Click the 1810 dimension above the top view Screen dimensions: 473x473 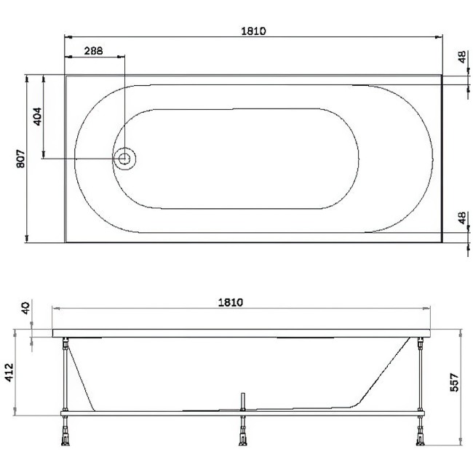point(253,31)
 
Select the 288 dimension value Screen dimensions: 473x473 point(93,51)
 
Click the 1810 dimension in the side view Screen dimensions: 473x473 point(230,301)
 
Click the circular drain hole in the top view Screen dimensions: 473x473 point(124,158)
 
